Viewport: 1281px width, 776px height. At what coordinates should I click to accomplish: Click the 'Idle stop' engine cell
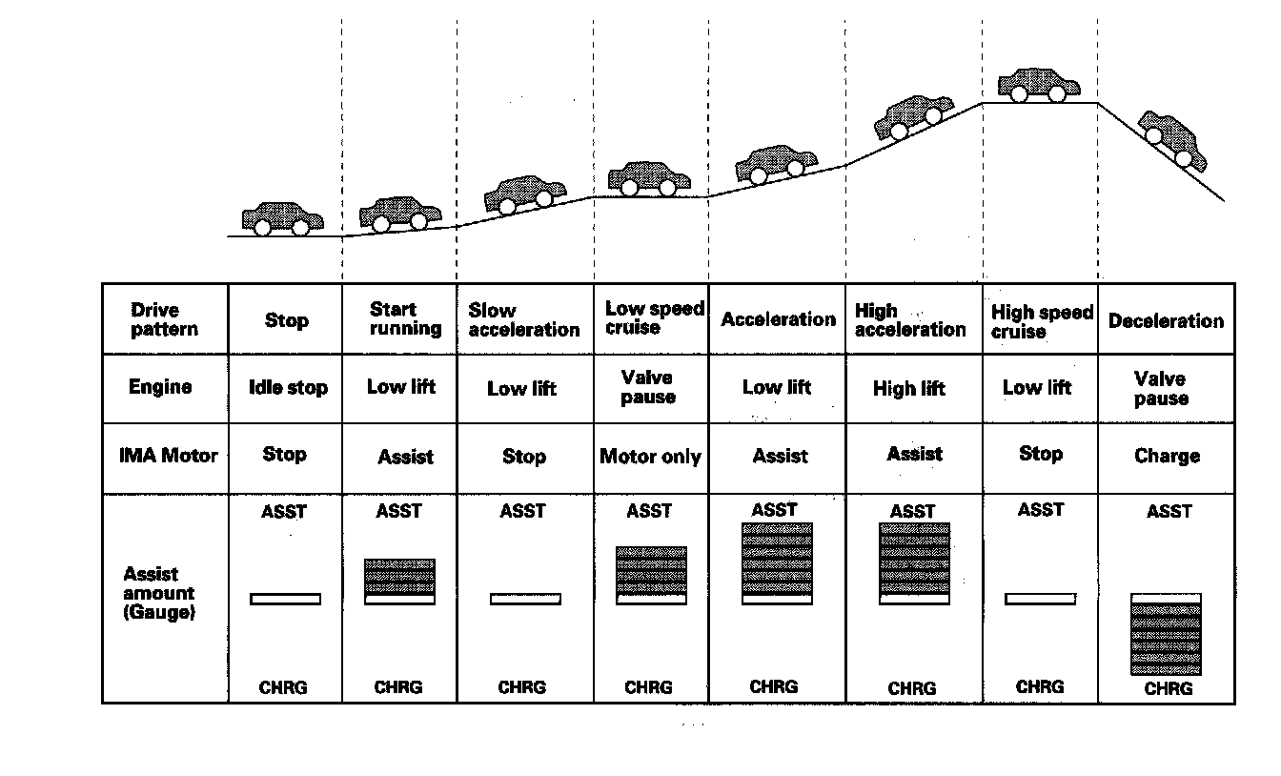click(287, 388)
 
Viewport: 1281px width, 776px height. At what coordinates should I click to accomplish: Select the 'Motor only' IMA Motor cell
click(650, 457)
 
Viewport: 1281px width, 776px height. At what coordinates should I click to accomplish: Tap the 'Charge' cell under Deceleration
click(1167, 456)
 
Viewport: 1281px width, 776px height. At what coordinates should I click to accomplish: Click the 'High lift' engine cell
click(909, 389)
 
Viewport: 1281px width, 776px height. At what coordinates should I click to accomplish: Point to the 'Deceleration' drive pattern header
click(1166, 320)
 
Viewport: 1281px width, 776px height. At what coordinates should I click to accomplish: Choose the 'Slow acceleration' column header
click(524, 320)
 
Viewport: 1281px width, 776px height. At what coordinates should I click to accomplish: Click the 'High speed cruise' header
click(1042, 321)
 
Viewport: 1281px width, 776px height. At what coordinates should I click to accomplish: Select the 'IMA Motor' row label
click(168, 456)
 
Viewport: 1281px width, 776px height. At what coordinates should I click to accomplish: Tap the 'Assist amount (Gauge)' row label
click(159, 593)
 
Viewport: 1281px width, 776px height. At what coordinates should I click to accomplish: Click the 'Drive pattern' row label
click(165, 319)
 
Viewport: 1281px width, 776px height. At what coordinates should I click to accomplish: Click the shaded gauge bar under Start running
click(400, 578)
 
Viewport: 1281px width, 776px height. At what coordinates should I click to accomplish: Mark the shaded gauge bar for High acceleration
click(914, 559)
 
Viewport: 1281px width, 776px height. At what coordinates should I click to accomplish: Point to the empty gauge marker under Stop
click(286, 599)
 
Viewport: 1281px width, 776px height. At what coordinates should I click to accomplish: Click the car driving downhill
click(1171, 138)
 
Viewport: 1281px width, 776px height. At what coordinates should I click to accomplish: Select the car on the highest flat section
click(1038, 85)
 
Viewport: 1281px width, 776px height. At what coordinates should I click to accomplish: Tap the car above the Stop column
click(282, 219)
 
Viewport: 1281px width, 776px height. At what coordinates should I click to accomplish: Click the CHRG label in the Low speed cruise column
click(648, 686)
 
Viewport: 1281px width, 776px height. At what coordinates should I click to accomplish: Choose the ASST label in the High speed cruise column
click(1040, 510)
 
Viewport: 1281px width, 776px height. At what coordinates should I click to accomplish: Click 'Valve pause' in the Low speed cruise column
click(648, 387)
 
